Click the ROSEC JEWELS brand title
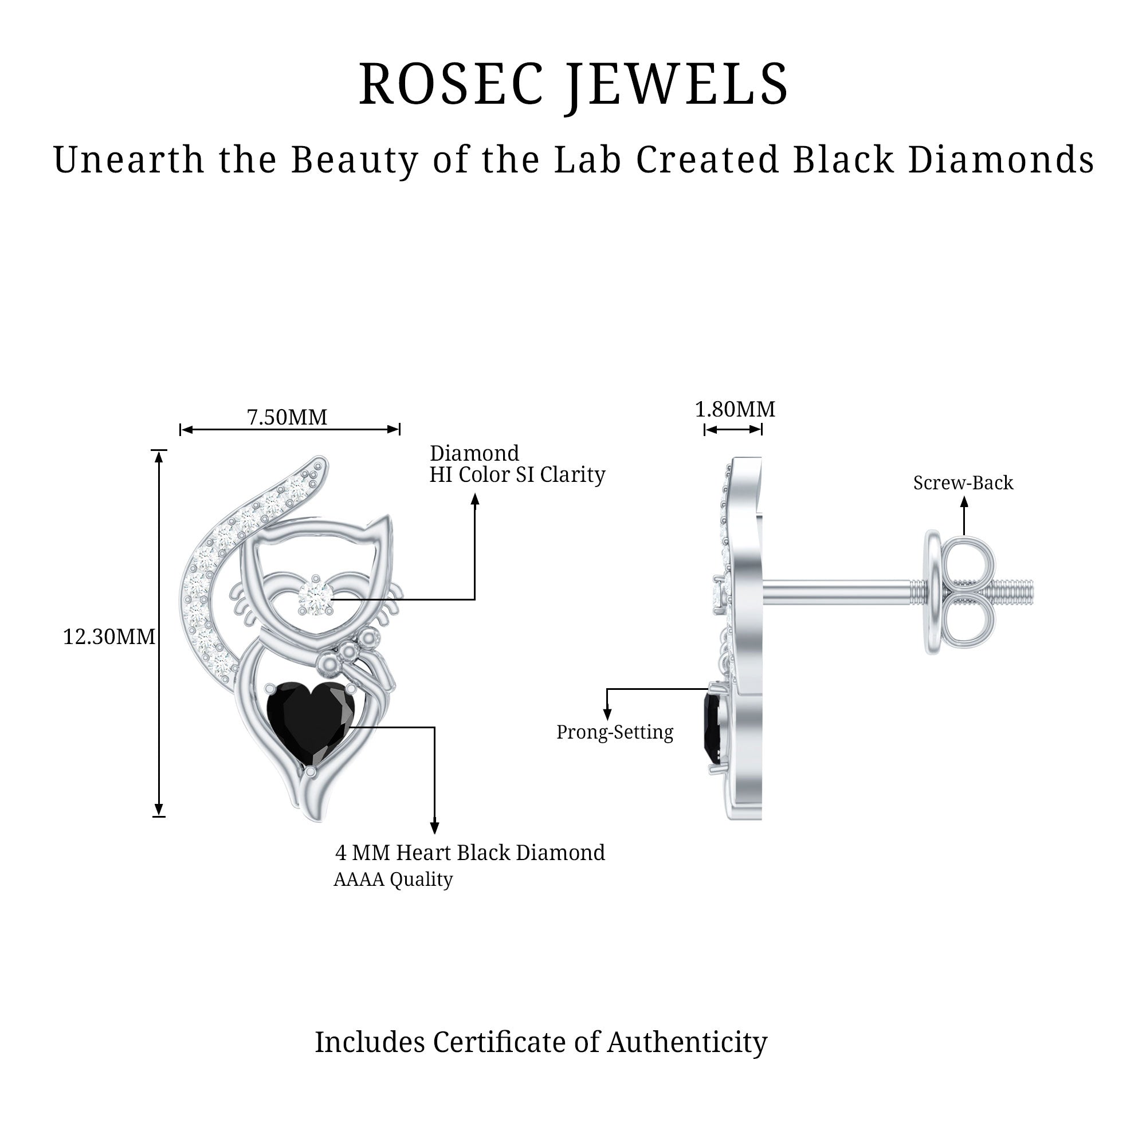click(573, 85)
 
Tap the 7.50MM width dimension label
click(286, 418)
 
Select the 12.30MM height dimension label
click(108, 637)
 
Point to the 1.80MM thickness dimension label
click(735, 409)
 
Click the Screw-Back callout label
click(963, 483)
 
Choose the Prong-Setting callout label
click(614, 732)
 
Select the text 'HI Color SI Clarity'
click(517, 474)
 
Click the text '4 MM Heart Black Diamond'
click(470, 853)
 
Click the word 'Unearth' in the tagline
click(129, 160)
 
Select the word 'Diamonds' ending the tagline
click(1000, 160)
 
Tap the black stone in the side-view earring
click(712, 728)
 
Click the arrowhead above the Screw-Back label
click(964, 502)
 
